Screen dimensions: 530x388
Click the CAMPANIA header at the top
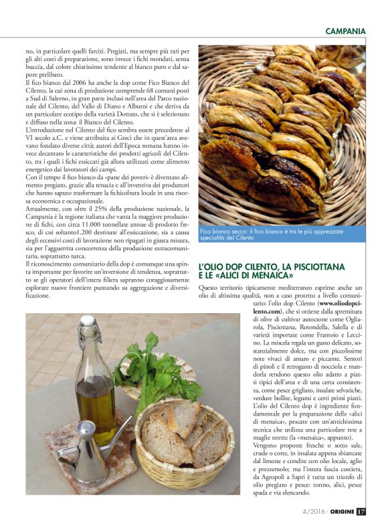coord(345,31)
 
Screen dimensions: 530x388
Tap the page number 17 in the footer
coord(361,512)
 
